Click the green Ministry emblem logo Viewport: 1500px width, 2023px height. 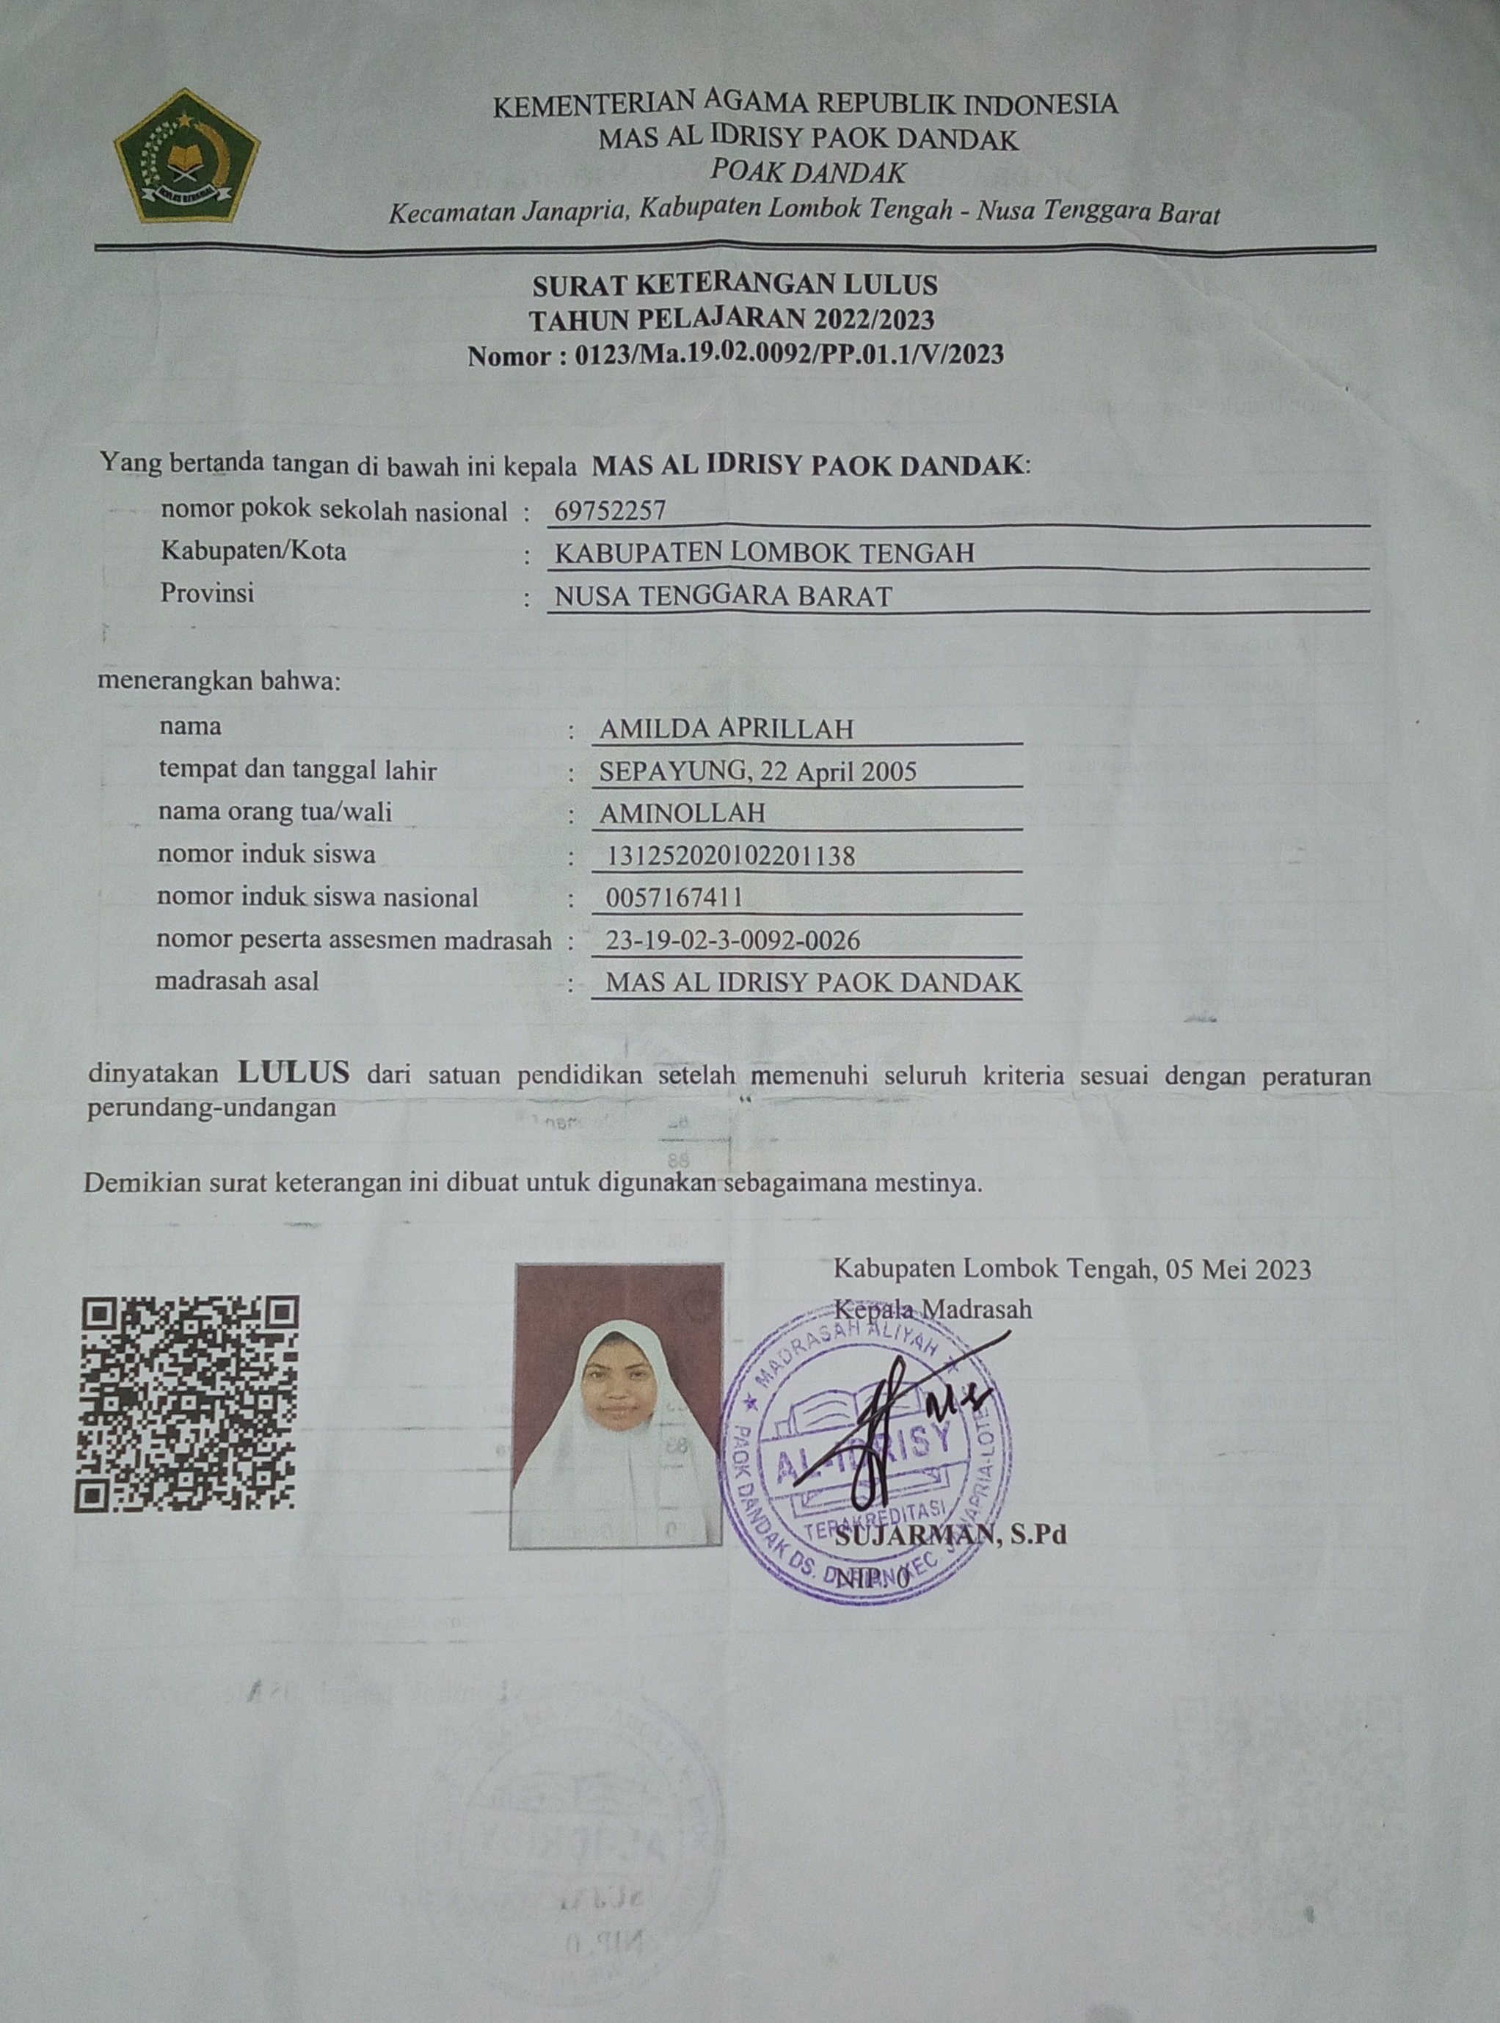click(187, 156)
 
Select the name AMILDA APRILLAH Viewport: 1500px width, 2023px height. click(727, 729)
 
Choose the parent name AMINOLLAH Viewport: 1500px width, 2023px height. click(682, 813)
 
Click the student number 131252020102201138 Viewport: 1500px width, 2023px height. click(731, 855)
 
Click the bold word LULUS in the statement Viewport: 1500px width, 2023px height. click(294, 1073)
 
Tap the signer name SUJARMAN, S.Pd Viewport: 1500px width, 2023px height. click(950, 1536)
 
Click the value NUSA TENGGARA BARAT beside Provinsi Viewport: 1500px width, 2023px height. click(723, 597)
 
